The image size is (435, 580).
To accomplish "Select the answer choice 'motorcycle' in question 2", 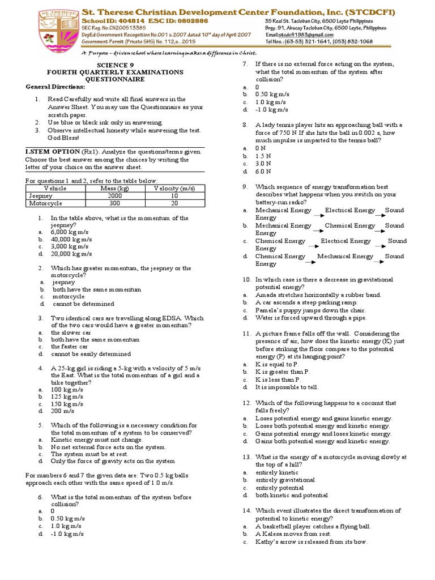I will tap(69, 296).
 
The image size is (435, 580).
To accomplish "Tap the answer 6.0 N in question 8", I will tap(263, 171).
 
